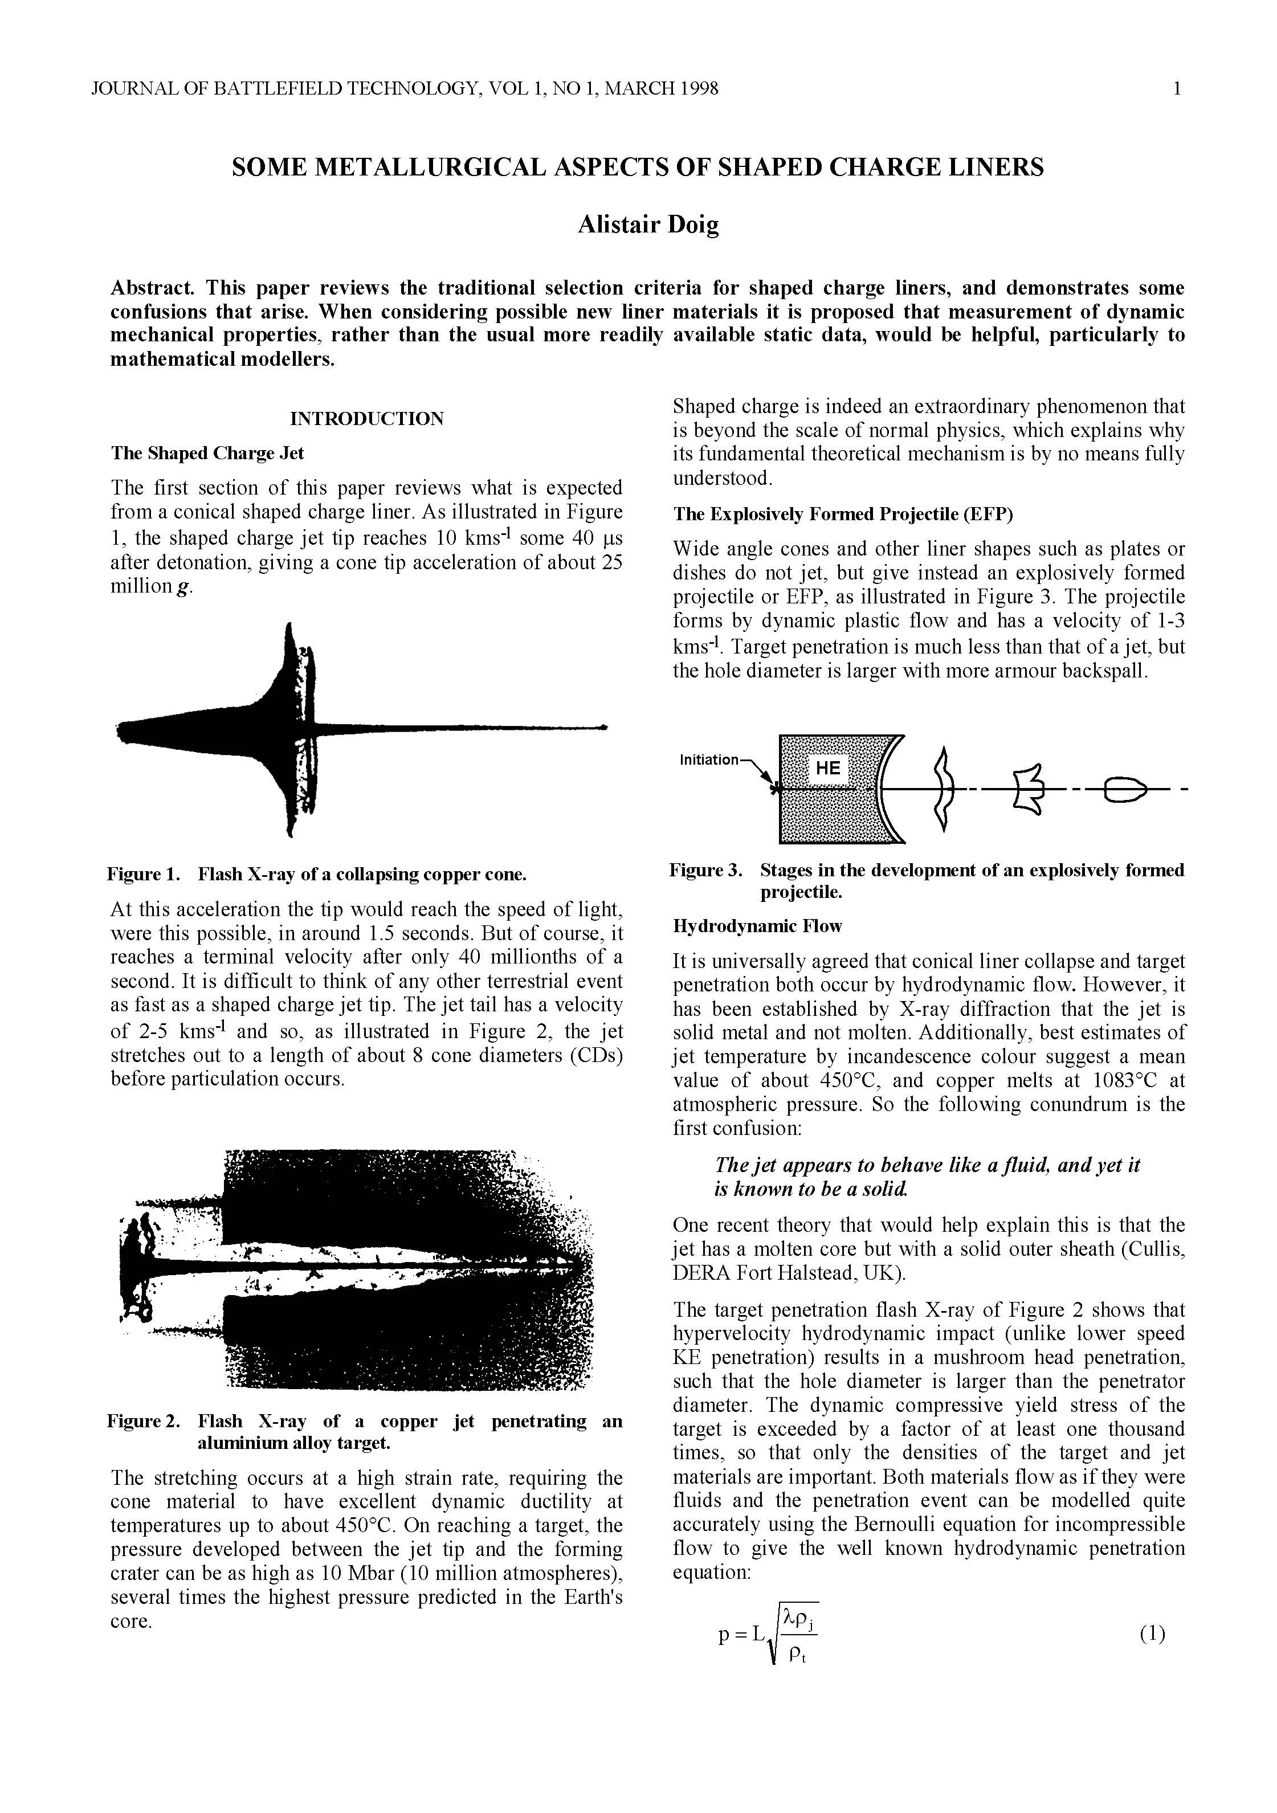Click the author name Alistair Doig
pyautogui.click(x=647, y=225)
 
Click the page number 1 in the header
pyautogui.click(x=1177, y=88)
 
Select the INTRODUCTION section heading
pyautogui.click(x=366, y=419)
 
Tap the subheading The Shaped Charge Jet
pyautogui.click(x=207, y=454)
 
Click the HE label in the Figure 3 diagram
pyautogui.click(x=827, y=768)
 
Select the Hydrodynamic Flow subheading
pyautogui.click(x=757, y=926)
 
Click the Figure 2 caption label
pyautogui.click(x=144, y=1422)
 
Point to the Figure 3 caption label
pyautogui.click(x=706, y=870)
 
